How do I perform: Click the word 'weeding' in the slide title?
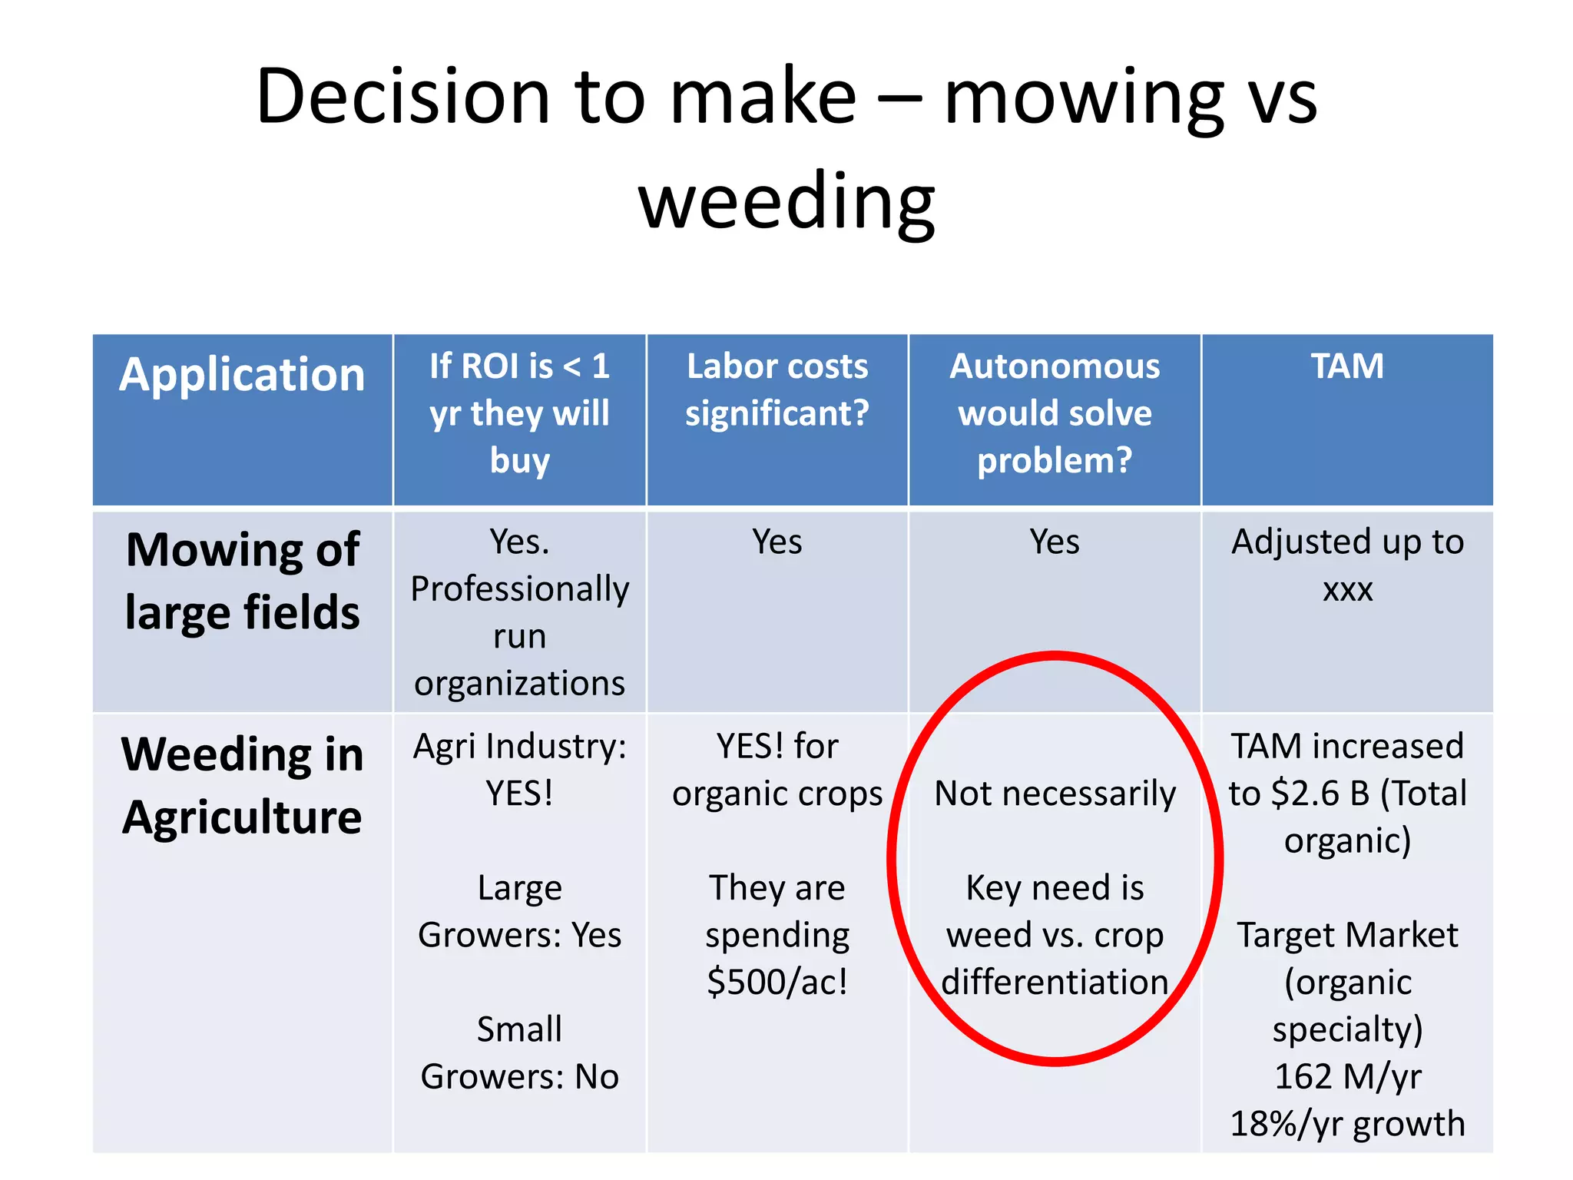[x=786, y=201]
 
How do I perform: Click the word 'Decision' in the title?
[x=402, y=97]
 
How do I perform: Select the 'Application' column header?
[x=242, y=375]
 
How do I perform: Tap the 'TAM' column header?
[x=1347, y=366]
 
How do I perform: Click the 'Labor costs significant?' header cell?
[x=777, y=389]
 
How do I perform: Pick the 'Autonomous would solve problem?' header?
[x=1055, y=413]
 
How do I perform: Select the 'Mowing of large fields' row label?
[x=242, y=581]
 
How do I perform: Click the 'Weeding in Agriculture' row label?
[x=242, y=785]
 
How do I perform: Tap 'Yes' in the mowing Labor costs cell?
[x=777, y=542]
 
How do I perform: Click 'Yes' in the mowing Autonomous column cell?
[x=1055, y=542]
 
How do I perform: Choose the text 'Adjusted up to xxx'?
[x=1347, y=565]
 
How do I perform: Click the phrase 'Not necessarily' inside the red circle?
[x=1055, y=794]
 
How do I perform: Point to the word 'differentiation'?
[x=1055, y=983]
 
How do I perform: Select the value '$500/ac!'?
[x=777, y=983]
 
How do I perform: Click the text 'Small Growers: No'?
[x=519, y=1053]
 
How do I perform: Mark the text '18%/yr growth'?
[x=1347, y=1124]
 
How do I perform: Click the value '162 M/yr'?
[x=1347, y=1077]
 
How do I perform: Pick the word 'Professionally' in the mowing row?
[x=519, y=590]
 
